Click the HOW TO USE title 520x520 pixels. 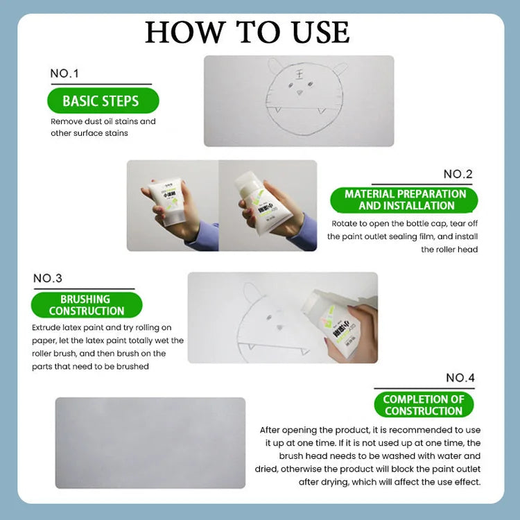click(x=248, y=32)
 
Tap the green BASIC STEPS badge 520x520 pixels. click(x=103, y=101)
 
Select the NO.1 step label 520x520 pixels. click(x=64, y=73)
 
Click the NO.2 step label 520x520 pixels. click(x=458, y=174)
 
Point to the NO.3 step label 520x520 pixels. click(x=48, y=278)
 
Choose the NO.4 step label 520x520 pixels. click(x=460, y=378)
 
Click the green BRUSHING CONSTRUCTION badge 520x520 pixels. click(x=87, y=305)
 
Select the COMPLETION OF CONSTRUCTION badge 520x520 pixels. click(x=424, y=405)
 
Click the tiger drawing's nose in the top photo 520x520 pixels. click(x=300, y=92)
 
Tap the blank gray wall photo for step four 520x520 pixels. click(x=150, y=442)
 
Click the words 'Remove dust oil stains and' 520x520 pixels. click(x=103, y=121)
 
